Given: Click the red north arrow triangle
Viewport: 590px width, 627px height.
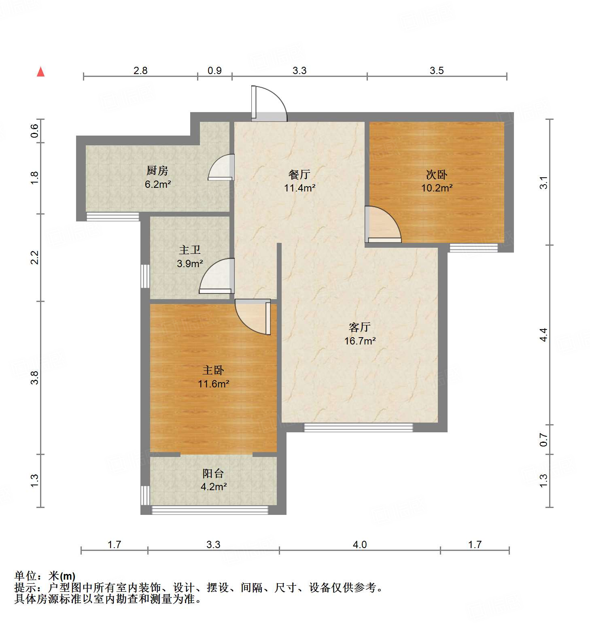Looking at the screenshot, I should tap(40, 72).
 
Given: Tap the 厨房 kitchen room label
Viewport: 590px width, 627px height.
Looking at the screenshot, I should tap(157, 171).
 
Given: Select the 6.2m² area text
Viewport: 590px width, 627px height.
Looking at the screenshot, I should tap(158, 185).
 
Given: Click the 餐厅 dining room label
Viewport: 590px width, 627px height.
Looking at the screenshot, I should tap(299, 174).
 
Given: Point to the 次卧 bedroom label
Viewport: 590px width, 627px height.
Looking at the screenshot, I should tap(437, 174).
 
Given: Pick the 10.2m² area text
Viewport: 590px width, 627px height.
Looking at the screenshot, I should tap(437, 188).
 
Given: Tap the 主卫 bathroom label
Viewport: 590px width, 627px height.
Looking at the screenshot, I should tap(190, 250).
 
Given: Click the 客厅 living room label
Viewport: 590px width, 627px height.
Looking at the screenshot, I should tap(360, 327).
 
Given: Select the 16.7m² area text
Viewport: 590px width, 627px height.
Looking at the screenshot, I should tap(360, 341).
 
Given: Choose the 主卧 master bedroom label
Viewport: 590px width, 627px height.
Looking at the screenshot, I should tap(213, 370).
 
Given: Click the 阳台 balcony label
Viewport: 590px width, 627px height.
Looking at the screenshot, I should tap(213, 473).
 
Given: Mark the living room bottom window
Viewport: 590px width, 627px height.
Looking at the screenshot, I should tap(358, 427).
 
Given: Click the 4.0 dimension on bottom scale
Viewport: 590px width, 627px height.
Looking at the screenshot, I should tap(359, 544).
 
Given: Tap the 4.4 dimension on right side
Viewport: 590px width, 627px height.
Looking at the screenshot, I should tap(543, 335).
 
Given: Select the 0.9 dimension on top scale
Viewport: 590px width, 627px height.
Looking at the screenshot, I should tap(214, 70).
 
